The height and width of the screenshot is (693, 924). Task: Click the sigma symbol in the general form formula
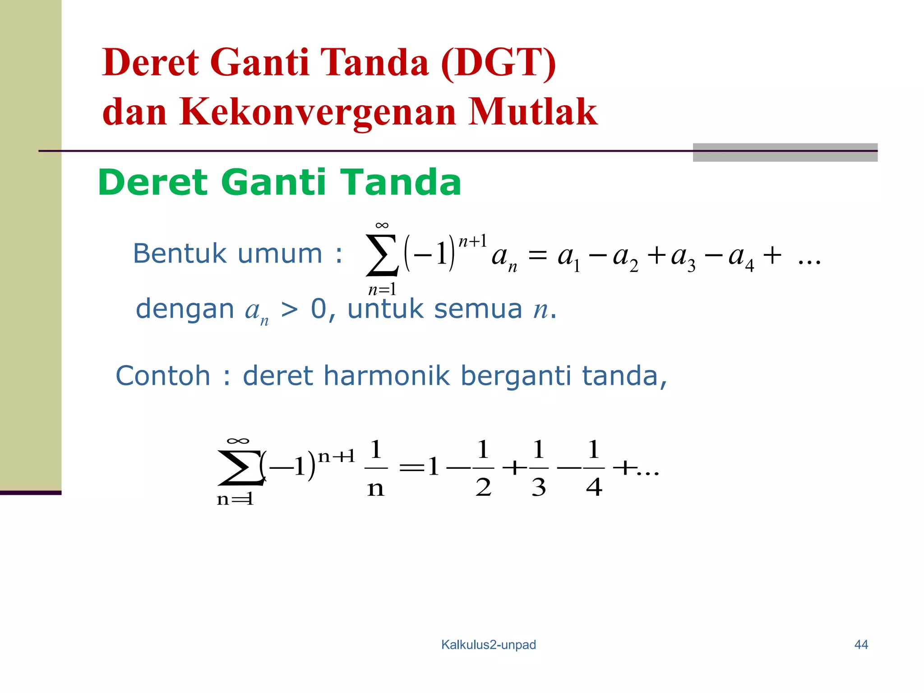[382, 255]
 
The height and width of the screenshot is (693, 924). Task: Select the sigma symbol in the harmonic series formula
[240, 468]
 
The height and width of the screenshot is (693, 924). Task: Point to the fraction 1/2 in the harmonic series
[483, 468]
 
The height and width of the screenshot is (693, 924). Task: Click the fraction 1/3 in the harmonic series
[539, 468]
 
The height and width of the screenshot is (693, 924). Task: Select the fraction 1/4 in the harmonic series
[594, 468]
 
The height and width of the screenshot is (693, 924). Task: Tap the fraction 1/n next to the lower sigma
[376, 468]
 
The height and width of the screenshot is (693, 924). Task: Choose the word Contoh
[163, 375]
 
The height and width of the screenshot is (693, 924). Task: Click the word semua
[478, 309]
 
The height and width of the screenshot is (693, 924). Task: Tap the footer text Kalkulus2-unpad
[489, 645]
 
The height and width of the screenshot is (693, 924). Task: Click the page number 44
[861, 645]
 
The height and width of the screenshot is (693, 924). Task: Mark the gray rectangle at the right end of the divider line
[785, 152]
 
